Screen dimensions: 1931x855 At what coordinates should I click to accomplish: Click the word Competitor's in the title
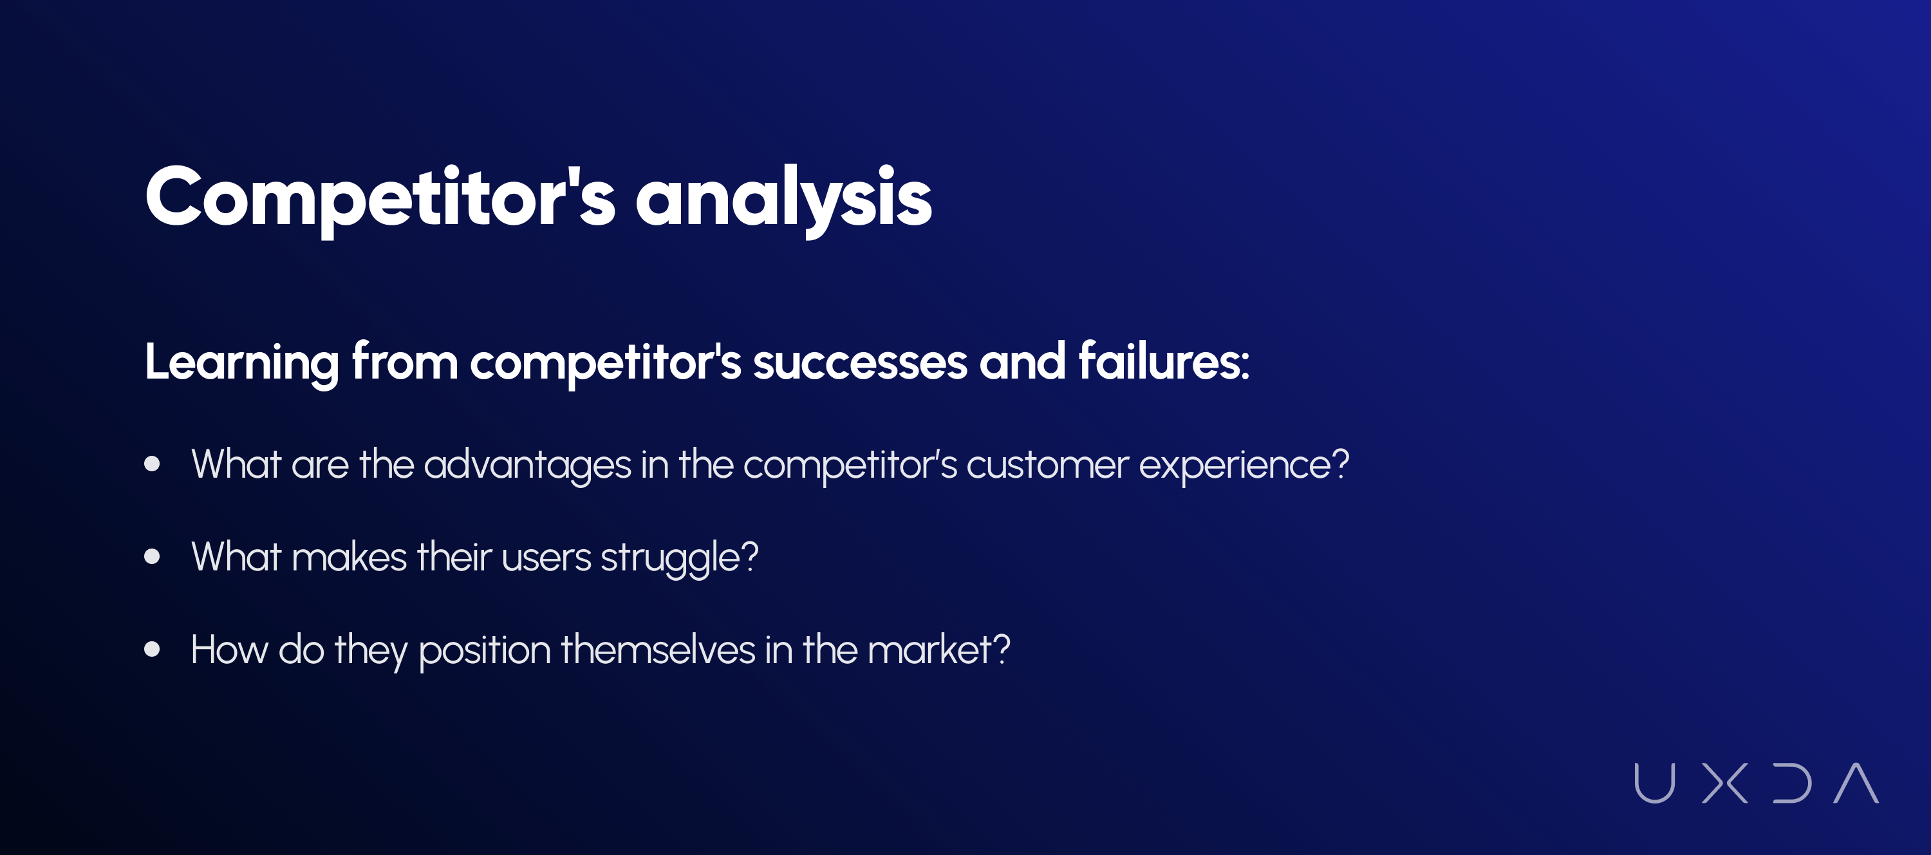tap(380, 197)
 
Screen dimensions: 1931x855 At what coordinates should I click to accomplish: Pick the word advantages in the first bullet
tap(528, 465)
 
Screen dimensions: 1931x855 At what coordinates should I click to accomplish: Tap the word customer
tap(1047, 465)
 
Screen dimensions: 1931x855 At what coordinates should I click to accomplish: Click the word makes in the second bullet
tap(350, 558)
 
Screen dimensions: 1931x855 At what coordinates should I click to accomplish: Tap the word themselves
tap(658, 649)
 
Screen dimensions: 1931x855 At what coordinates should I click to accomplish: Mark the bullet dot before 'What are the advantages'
tap(152, 464)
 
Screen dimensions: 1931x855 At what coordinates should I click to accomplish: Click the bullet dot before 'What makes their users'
tap(152, 556)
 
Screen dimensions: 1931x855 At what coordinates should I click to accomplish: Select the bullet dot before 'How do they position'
tap(152, 649)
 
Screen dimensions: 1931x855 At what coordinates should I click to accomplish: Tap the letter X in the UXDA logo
tap(1725, 783)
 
